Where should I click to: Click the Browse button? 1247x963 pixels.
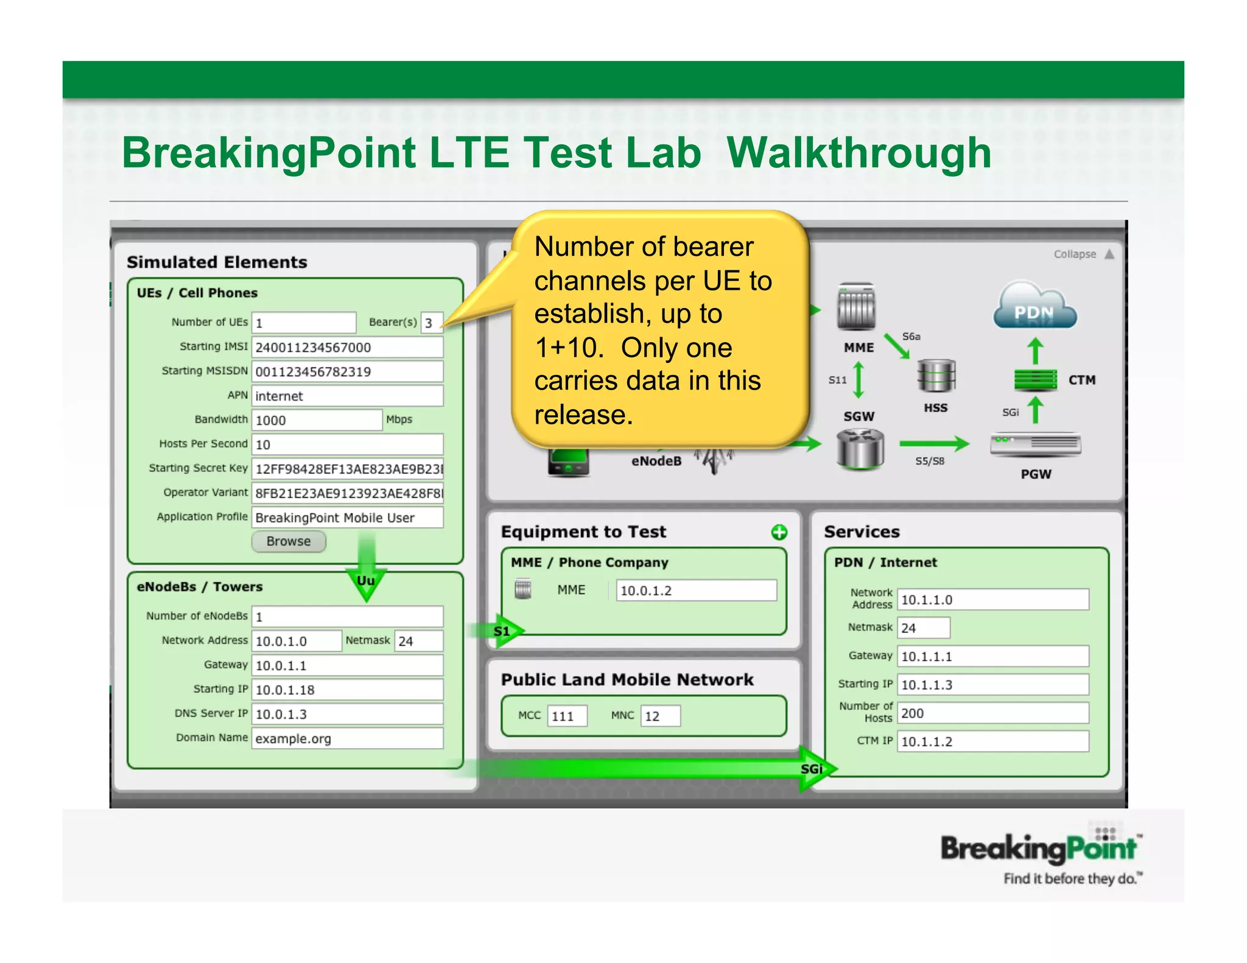click(289, 541)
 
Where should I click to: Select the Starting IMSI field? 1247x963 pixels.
click(347, 347)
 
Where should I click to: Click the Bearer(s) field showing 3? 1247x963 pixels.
click(432, 323)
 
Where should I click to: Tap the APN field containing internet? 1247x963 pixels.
click(347, 396)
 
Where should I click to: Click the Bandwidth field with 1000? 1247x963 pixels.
click(317, 420)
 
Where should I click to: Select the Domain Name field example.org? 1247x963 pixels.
click(347, 738)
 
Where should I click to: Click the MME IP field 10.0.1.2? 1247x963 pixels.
click(696, 590)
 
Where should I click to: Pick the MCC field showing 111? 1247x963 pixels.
click(567, 716)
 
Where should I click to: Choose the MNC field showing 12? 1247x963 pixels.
click(660, 716)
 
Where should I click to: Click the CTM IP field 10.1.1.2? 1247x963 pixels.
click(992, 741)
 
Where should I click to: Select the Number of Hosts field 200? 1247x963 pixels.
click(992, 713)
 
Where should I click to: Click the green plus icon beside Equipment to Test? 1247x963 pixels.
click(779, 533)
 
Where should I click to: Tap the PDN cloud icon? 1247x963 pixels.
click(1034, 306)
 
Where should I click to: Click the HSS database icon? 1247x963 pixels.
click(936, 376)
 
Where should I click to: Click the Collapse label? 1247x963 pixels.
click(1075, 254)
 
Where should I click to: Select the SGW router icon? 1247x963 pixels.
click(860, 449)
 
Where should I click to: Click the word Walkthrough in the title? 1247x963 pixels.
click(859, 152)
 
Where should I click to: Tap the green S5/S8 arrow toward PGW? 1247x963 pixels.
click(933, 443)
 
